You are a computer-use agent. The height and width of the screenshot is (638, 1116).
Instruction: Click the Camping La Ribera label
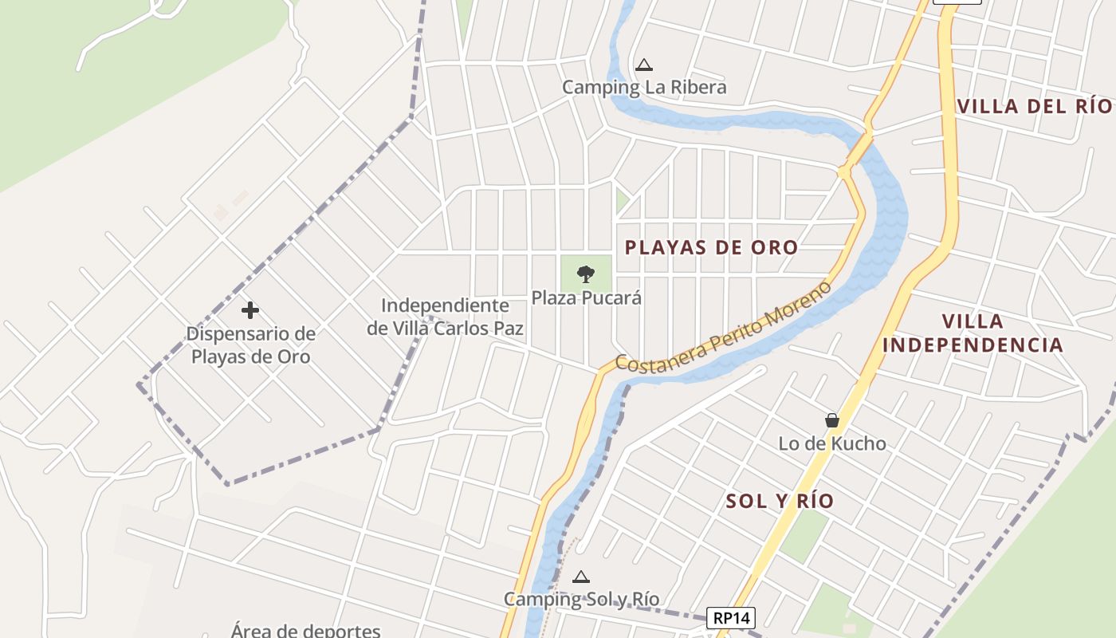(x=644, y=87)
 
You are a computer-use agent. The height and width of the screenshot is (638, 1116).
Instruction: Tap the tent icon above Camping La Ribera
(x=644, y=65)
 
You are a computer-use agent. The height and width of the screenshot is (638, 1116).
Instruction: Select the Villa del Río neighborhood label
(x=1033, y=106)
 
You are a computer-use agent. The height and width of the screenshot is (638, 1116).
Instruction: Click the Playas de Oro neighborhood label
(x=711, y=247)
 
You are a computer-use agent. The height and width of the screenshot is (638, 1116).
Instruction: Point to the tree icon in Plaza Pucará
(x=586, y=274)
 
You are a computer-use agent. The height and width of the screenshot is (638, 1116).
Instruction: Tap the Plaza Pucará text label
(x=587, y=298)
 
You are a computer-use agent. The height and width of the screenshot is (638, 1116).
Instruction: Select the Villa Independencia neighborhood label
(x=973, y=333)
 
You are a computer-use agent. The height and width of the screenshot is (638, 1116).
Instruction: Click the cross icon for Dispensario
(x=250, y=309)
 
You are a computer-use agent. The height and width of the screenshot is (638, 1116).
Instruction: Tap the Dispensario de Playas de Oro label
(x=250, y=345)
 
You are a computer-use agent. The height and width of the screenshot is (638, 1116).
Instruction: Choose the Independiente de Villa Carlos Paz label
(x=445, y=317)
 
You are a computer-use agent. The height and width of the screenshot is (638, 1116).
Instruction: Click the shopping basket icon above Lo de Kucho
(x=832, y=420)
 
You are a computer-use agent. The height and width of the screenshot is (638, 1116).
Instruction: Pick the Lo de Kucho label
(x=832, y=443)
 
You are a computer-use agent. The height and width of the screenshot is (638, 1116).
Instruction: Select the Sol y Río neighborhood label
(x=780, y=501)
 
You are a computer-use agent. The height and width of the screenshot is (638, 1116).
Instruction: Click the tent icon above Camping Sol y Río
(x=581, y=577)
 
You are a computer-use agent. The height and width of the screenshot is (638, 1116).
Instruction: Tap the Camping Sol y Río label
(x=581, y=599)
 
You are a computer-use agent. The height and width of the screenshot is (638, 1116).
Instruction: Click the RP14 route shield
(x=730, y=617)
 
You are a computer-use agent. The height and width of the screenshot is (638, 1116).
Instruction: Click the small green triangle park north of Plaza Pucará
(x=621, y=200)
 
